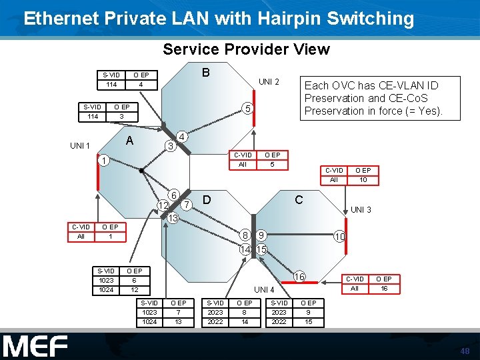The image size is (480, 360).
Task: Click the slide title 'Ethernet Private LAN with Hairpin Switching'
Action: (x=219, y=19)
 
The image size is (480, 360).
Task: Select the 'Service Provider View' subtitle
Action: (x=246, y=49)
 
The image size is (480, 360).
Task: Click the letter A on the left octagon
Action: (x=131, y=140)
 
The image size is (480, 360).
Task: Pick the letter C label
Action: (x=299, y=199)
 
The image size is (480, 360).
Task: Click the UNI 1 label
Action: (x=80, y=145)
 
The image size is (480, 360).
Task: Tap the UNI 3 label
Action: (x=361, y=210)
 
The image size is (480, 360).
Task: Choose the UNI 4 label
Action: (x=264, y=289)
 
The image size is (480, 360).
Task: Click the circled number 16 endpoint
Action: (x=300, y=277)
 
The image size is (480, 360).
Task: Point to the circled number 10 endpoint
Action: (x=339, y=237)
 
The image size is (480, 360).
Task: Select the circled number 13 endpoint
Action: (x=173, y=218)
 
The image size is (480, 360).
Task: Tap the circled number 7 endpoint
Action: (x=187, y=203)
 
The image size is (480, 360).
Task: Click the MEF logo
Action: (x=35, y=347)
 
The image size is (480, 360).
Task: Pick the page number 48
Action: (x=465, y=351)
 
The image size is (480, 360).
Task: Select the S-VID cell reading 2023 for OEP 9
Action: (x=279, y=312)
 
